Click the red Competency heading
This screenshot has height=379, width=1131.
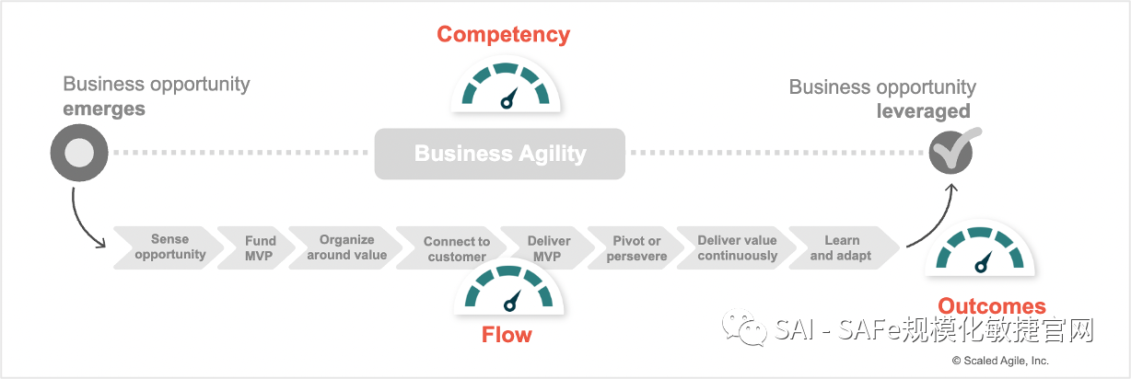click(503, 35)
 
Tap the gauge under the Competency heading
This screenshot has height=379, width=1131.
click(506, 86)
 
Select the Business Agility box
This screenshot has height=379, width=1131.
click(499, 153)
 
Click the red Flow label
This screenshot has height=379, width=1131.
click(507, 334)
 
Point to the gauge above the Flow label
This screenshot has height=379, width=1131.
click(508, 289)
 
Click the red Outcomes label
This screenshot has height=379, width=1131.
click(992, 306)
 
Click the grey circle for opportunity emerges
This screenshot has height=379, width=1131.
click(79, 152)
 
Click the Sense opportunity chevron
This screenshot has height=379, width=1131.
click(169, 247)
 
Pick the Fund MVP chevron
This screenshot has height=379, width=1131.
click(261, 247)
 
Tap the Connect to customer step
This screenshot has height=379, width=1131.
click(456, 248)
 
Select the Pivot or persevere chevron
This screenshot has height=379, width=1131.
click(636, 248)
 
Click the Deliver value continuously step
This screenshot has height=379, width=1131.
click(737, 247)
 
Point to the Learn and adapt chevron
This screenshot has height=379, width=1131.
click(841, 247)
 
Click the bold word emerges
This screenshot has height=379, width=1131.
click(104, 109)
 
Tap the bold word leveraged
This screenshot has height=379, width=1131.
click(923, 111)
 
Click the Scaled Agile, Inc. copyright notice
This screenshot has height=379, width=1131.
click(1000, 361)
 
